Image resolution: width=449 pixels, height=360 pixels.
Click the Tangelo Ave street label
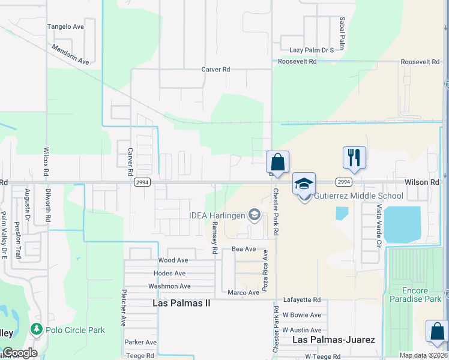click(65, 27)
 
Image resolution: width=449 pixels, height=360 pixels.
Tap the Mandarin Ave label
click(70, 54)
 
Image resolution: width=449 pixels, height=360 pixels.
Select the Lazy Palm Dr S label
click(311, 50)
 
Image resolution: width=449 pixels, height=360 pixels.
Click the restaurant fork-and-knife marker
click(354, 158)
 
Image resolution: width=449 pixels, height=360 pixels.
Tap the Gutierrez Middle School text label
click(358, 196)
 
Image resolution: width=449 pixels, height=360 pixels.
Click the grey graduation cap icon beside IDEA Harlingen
click(255, 215)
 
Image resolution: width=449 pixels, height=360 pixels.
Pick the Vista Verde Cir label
click(379, 226)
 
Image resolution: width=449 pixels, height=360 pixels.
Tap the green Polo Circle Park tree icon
click(37, 329)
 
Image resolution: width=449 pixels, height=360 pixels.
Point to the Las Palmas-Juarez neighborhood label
click(333, 340)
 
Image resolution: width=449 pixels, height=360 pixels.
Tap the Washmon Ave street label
click(170, 287)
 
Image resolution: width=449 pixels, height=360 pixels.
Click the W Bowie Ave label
click(302, 315)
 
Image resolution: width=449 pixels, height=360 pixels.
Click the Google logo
click(19, 353)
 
